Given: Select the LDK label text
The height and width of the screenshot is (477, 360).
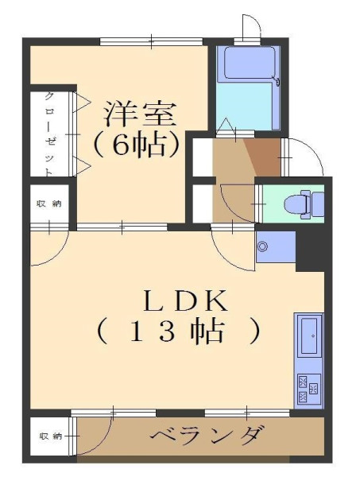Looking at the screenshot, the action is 185,301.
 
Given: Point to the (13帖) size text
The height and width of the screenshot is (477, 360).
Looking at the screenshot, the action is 179,332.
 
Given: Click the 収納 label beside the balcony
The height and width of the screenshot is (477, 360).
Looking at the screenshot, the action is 51,436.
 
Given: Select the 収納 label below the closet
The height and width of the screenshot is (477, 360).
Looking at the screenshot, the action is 49,204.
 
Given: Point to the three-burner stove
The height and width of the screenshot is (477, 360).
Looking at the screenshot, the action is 309,388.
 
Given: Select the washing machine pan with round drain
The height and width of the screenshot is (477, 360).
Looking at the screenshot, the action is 276,246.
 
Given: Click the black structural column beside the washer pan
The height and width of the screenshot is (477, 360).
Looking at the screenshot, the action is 310,250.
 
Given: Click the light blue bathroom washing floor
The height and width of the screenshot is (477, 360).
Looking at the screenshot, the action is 245,107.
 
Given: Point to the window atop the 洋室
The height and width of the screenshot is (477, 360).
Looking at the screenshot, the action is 152,41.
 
